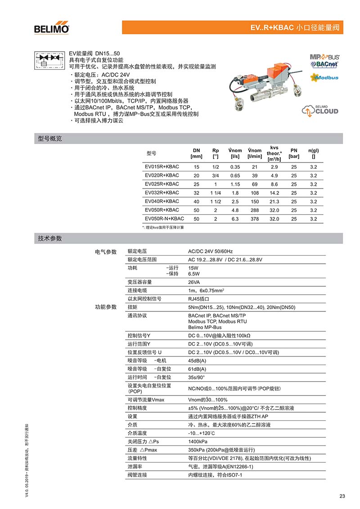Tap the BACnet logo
tap(324, 64)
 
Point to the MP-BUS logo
tap(324, 57)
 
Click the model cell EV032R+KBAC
tap(162, 193)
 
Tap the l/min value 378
tap(254, 219)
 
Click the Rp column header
tap(216, 153)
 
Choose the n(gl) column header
tap(313, 153)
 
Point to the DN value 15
tap(196, 167)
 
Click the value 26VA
tap(195, 282)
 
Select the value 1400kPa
tap(198, 441)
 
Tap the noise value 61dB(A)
tap(197, 369)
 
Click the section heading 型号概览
tap(50, 139)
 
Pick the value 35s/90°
tap(196, 377)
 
